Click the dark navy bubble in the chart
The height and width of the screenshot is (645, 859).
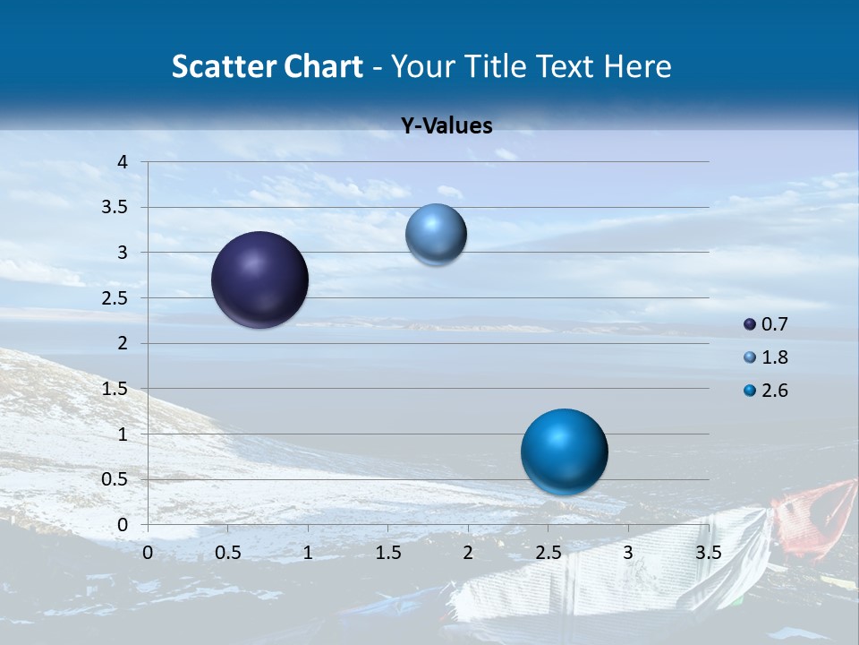(x=259, y=279)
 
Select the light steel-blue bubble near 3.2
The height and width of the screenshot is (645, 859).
(x=436, y=234)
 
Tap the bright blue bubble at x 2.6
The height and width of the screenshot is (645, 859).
(x=564, y=451)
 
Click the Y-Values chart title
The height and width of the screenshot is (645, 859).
(x=446, y=126)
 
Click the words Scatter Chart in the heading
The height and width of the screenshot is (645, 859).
(x=267, y=66)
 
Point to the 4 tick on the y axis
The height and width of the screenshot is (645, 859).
(x=123, y=162)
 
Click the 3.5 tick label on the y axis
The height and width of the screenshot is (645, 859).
(x=115, y=208)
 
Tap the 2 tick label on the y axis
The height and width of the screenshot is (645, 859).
(x=123, y=343)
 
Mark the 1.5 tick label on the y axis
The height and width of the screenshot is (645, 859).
(x=115, y=389)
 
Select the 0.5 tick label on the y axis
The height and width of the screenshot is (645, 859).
(x=115, y=479)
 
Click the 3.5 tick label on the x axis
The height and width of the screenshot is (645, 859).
(x=709, y=553)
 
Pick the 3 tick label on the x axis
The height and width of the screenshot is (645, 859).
(x=628, y=553)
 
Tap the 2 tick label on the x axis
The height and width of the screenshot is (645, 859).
(x=468, y=553)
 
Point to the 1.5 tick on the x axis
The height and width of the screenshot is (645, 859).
(x=387, y=553)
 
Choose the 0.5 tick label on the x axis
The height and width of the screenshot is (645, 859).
(x=227, y=553)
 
